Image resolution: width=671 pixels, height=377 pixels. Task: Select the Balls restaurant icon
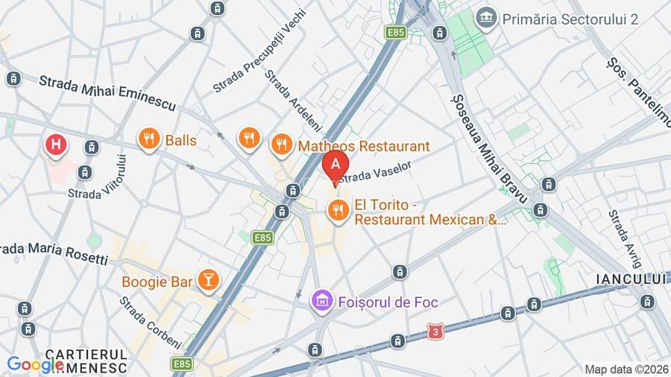[149, 139]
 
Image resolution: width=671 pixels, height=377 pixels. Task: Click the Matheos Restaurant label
[364, 146]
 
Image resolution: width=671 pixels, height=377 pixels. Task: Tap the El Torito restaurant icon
[338, 211]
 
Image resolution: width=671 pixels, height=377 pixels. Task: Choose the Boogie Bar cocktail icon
[207, 281]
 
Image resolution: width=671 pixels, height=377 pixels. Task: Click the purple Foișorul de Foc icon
[322, 302]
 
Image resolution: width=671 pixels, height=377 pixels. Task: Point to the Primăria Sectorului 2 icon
[487, 18]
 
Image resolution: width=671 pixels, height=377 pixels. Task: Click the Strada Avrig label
[624, 238]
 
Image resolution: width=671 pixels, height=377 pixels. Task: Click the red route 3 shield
[435, 329]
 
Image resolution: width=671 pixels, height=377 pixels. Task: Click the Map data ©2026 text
[625, 369]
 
